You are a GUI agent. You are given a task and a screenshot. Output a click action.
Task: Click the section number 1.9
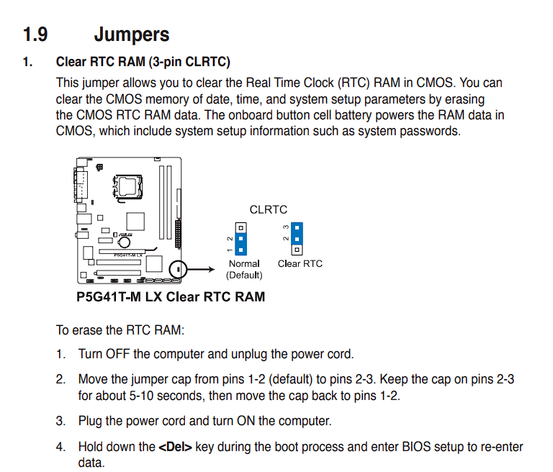(x=37, y=34)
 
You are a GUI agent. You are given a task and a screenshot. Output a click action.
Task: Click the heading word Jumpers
(x=132, y=34)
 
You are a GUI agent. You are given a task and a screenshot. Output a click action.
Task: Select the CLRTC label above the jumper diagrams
(x=268, y=210)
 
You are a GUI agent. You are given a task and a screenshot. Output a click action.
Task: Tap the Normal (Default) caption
(x=244, y=269)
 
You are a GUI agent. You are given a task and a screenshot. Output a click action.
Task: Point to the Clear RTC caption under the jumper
(x=300, y=263)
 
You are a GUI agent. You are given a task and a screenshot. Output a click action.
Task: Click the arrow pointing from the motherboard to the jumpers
(x=202, y=270)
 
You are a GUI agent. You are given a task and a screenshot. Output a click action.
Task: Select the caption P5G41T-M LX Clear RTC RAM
(x=171, y=296)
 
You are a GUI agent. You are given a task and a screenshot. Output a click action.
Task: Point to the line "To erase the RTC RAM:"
(x=120, y=330)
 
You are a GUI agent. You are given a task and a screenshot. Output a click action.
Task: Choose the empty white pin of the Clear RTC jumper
(x=297, y=250)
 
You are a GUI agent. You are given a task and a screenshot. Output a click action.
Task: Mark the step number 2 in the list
(x=61, y=379)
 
